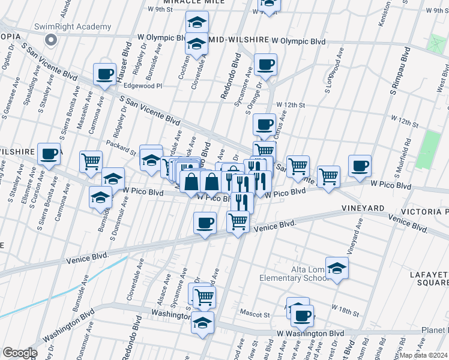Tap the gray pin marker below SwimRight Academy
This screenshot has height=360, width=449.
point(51,40)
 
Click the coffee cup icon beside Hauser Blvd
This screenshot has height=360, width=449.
point(104,75)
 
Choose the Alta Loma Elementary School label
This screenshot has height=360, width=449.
point(294,273)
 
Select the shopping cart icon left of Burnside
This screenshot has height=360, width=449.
point(91,161)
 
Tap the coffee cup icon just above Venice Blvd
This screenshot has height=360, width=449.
point(205,224)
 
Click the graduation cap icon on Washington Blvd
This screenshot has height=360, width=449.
point(202,322)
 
